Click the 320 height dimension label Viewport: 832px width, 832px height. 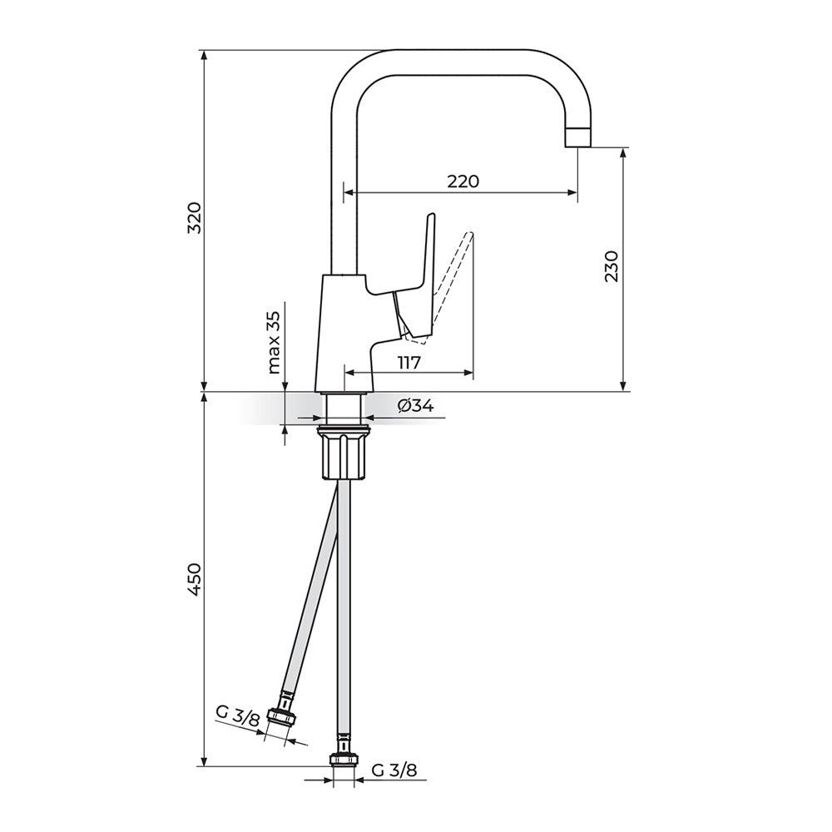tap(194, 218)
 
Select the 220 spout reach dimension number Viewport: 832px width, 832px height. tap(463, 181)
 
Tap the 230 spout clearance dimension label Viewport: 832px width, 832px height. tap(612, 266)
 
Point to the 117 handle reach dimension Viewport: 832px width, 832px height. tap(409, 362)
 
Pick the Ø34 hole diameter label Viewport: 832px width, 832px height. tap(414, 406)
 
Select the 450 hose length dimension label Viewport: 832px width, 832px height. tap(194, 579)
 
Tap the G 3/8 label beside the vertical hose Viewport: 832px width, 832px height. tap(394, 770)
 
